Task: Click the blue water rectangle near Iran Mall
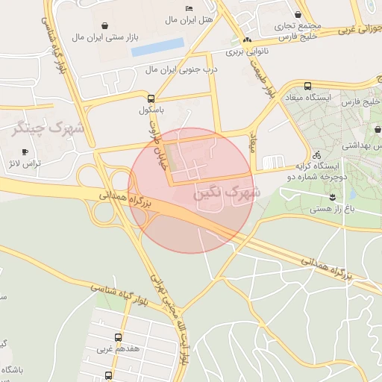pyautogui.click(x=157, y=47)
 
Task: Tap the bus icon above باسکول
pyautogui.click(x=151, y=98)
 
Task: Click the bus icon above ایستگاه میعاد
pyautogui.click(x=308, y=86)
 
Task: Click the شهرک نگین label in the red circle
pyautogui.click(x=227, y=192)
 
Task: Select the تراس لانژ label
pyautogui.click(x=23, y=163)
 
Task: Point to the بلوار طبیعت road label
pyautogui.click(x=272, y=80)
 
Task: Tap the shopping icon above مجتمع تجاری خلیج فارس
pyautogui.click(x=298, y=14)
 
